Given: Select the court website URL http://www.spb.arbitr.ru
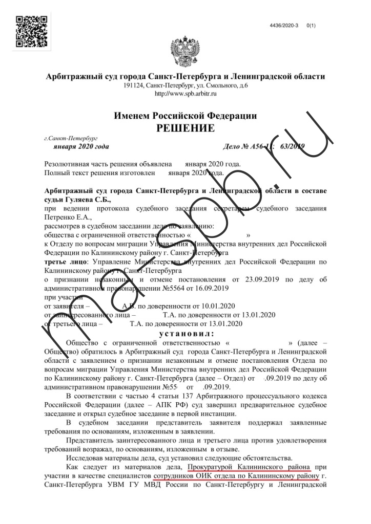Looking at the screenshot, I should pyautogui.click(x=186, y=93).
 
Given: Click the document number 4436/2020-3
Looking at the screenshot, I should pyautogui.click(x=284, y=25).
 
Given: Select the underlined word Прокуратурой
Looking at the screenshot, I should pyautogui.click(x=212, y=467).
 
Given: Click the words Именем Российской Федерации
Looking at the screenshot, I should pyautogui.click(x=185, y=116).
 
